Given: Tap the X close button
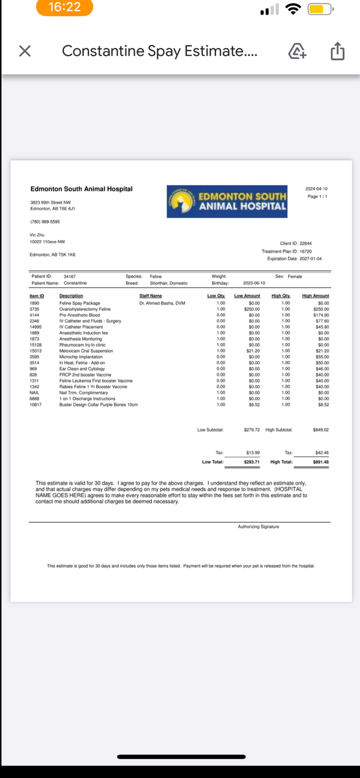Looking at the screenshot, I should [24, 52].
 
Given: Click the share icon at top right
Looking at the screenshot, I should [336, 52].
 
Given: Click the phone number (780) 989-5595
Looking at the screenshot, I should [45, 221].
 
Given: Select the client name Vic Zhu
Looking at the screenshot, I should [37, 235].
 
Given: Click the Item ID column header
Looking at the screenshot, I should [37, 296].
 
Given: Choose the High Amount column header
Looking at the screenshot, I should [315, 296].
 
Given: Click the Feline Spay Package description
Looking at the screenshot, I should [80, 303].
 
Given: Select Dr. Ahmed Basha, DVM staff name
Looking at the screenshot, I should [162, 303].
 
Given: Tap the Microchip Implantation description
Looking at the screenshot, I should [81, 357].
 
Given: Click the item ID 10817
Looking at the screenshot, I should [35, 405].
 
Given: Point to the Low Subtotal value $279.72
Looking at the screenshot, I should [251, 430].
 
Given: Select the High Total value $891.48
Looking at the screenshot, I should [321, 462].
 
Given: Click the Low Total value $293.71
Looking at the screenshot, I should [251, 462].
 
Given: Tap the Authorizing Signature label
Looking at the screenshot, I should [258, 527].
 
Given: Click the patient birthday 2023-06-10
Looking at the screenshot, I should [254, 283].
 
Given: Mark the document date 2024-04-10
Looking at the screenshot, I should [316, 189].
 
